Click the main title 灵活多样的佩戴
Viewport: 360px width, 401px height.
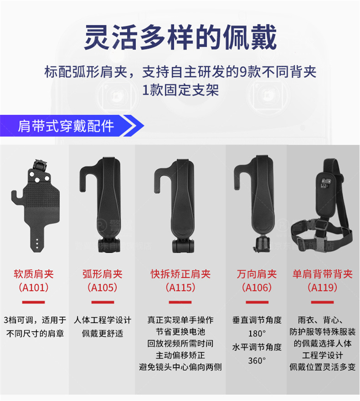(180, 37)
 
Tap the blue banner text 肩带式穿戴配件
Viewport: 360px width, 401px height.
(66, 126)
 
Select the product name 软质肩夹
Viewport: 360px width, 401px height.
(34, 274)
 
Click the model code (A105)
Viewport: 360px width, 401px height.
(102, 288)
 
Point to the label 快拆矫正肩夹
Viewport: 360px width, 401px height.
(180, 274)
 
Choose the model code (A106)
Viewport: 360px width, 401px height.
(257, 288)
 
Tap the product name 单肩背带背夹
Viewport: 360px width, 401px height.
(323, 274)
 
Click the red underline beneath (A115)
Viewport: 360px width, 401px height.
(180, 302)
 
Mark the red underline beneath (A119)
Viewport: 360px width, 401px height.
(323, 302)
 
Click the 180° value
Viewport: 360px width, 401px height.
(257, 333)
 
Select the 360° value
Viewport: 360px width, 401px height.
(257, 361)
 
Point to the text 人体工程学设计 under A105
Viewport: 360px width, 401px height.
(102, 320)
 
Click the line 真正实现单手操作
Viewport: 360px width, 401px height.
(180, 320)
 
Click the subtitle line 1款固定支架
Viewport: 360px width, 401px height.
(180, 90)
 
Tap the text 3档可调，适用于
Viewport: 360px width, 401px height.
(35, 320)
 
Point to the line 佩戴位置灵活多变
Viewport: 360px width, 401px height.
(323, 367)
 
